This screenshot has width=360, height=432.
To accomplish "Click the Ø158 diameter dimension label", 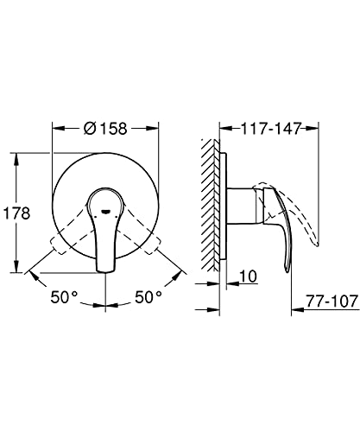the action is tap(105, 129).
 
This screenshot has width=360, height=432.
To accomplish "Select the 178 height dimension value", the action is tap(16, 213).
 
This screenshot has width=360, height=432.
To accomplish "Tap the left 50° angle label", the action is tap(64, 297).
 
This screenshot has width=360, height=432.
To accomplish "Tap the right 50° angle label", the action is tap(148, 297).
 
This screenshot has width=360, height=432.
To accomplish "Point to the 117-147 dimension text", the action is tap(271, 129).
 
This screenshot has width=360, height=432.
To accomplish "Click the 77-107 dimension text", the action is tap(332, 302).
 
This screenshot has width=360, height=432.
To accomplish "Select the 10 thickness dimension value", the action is tap(248, 276).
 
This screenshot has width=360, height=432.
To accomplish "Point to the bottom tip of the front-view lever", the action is tap(105, 271).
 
